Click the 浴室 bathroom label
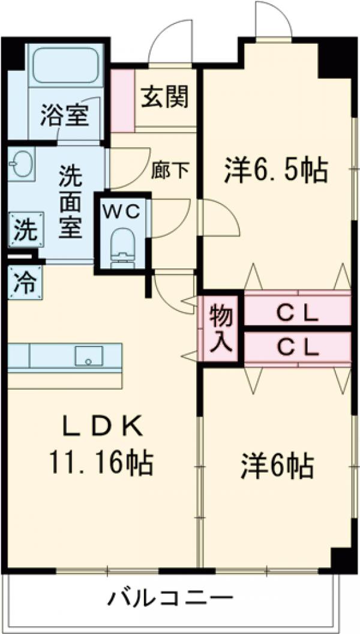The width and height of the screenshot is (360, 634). click(64, 113)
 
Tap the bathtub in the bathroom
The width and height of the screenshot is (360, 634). click(65, 65)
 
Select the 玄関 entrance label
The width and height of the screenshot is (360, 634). click(165, 95)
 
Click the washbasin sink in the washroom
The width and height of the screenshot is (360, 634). click(22, 163)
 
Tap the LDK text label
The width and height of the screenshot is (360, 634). click(103, 427)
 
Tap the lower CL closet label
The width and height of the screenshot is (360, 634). click(297, 347)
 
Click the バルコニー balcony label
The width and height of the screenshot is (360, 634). click(170, 597)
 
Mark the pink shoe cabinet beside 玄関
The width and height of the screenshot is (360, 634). click(122, 100)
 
